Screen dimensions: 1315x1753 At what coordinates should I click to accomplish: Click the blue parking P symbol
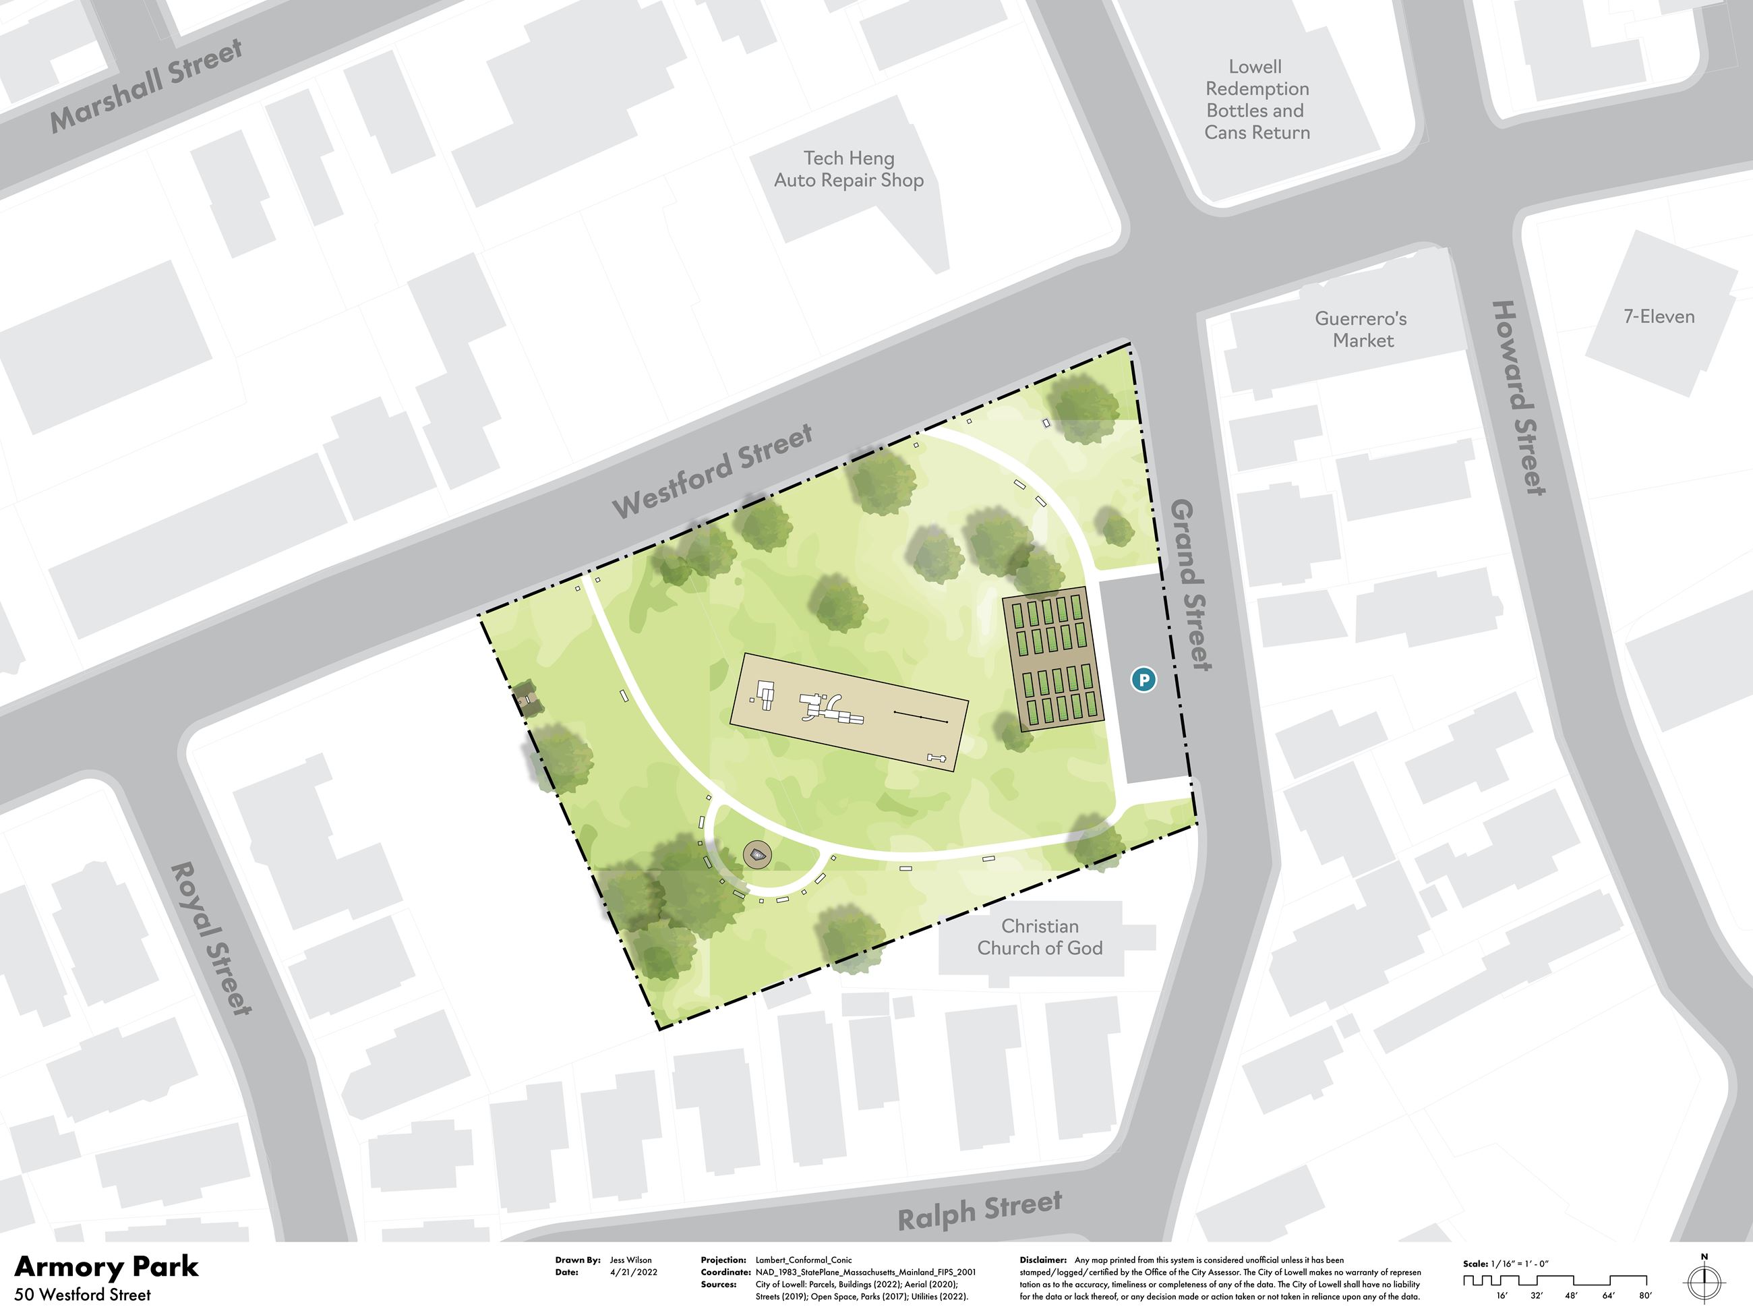tap(1143, 678)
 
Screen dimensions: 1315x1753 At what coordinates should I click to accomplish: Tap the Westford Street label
tap(713, 471)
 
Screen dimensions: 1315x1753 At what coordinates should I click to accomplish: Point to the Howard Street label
tap(1518, 398)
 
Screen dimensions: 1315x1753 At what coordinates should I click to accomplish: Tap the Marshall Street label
tap(146, 86)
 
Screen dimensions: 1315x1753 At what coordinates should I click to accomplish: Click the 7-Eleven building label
tap(1659, 317)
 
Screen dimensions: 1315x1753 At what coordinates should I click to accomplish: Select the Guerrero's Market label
tap(1361, 329)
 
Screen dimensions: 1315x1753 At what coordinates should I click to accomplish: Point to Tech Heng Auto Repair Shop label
tap(849, 170)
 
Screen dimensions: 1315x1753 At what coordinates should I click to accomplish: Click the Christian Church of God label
tap(1039, 937)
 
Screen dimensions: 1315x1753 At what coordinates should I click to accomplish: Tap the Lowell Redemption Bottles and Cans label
tap(1257, 100)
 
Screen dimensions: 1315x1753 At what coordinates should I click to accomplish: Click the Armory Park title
tap(107, 1266)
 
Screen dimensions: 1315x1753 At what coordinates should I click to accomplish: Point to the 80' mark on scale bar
tap(1645, 1296)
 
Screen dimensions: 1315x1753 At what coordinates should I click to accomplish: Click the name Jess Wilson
tap(631, 1260)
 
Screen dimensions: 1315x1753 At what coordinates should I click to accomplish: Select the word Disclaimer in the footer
tap(1042, 1260)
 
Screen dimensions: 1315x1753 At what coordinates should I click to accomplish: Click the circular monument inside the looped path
tap(759, 854)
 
